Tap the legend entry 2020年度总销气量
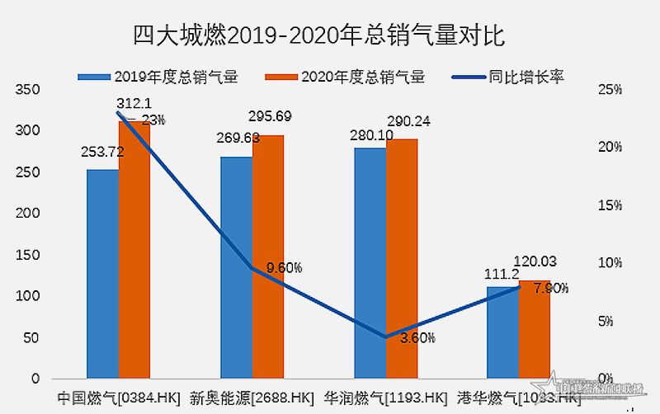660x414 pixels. [346, 78]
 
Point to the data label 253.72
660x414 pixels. [101, 152]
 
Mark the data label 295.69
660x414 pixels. [268, 116]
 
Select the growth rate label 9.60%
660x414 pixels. [284, 267]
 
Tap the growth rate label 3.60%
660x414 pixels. [417, 336]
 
